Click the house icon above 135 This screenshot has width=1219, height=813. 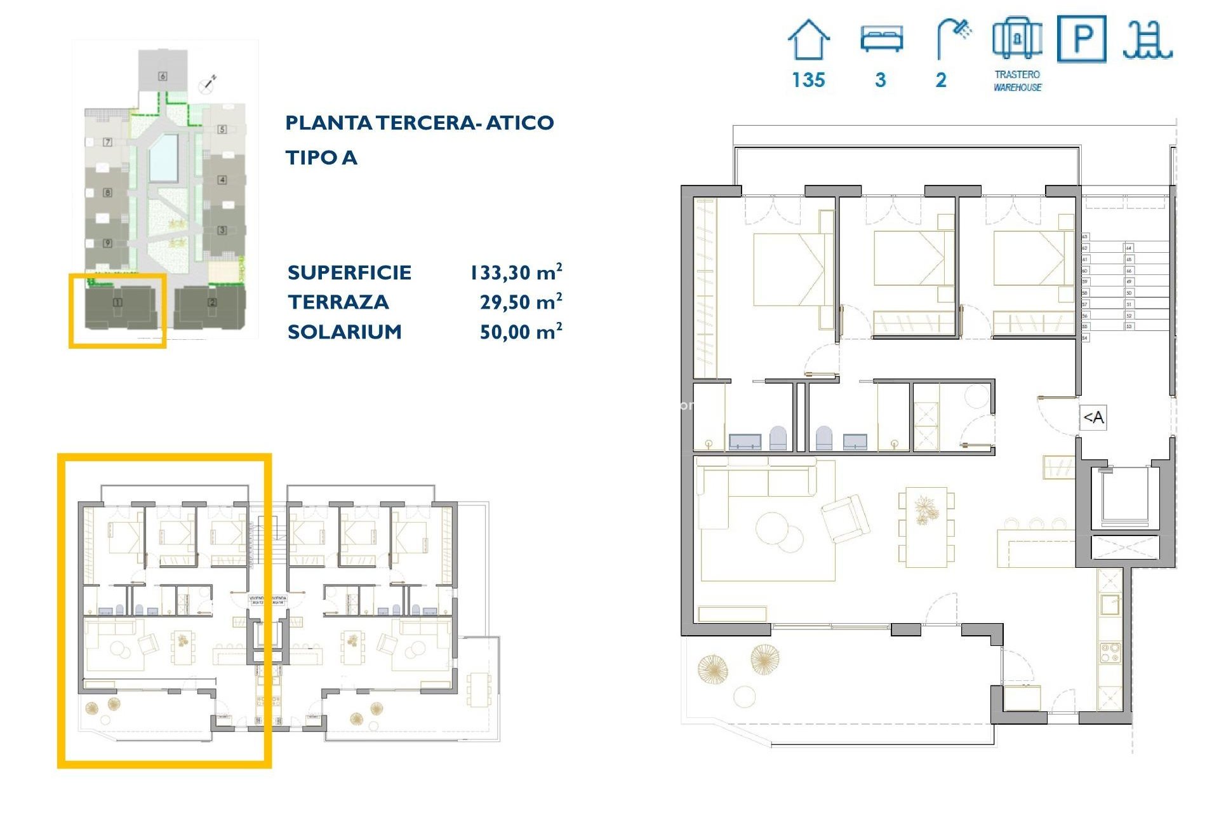(808, 40)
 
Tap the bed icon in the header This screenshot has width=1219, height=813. (881, 39)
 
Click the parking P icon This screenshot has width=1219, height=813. (1082, 39)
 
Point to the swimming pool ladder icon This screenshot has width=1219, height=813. (1147, 40)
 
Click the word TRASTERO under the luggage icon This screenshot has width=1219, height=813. (1017, 74)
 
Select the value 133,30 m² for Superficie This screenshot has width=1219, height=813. (516, 272)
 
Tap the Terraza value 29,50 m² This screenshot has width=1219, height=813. (521, 302)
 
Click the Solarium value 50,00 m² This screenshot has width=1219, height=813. (521, 332)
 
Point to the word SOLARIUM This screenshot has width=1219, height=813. (344, 332)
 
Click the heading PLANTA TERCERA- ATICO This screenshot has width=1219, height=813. (419, 122)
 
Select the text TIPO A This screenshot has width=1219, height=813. (321, 157)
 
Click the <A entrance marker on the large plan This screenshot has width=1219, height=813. (1093, 417)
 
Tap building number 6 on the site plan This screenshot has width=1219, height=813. (163, 76)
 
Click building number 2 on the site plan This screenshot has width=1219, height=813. (212, 302)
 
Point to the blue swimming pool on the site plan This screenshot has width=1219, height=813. (163, 158)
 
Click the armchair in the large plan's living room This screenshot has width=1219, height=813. (845, 517)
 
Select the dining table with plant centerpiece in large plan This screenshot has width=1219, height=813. (926, 527)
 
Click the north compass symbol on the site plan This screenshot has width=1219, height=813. (208, 84)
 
